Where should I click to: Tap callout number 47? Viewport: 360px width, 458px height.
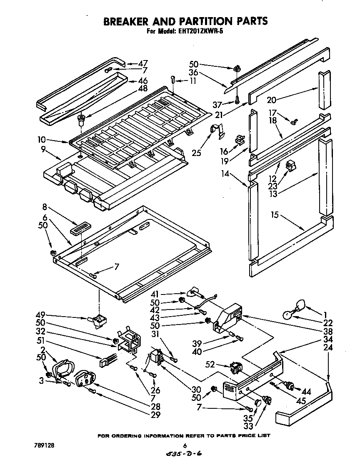[143, 64]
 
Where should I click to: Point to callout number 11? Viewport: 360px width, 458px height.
[192, 81]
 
